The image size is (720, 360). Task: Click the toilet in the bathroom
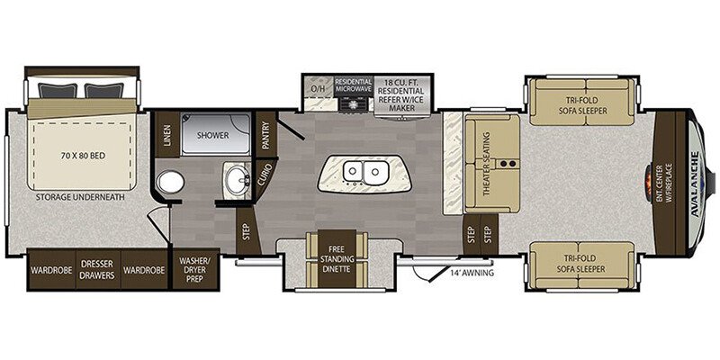170,183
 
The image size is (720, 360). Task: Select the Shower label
212,136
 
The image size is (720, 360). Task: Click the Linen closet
167,134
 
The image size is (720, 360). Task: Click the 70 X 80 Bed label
82,156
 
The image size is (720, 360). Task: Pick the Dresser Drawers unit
98,270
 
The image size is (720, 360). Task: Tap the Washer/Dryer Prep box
194,269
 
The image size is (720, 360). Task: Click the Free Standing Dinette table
337,259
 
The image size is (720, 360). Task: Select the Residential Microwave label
353,85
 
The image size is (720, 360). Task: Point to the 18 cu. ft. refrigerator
402,95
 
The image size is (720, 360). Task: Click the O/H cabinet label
318,87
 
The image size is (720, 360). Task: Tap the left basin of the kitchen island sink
353,172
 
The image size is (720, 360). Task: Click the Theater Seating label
487,165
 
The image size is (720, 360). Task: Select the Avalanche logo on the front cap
695,184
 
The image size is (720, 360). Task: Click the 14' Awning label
472,274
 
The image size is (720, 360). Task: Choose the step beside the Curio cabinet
247,230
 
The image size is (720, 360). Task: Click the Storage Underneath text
81,198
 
